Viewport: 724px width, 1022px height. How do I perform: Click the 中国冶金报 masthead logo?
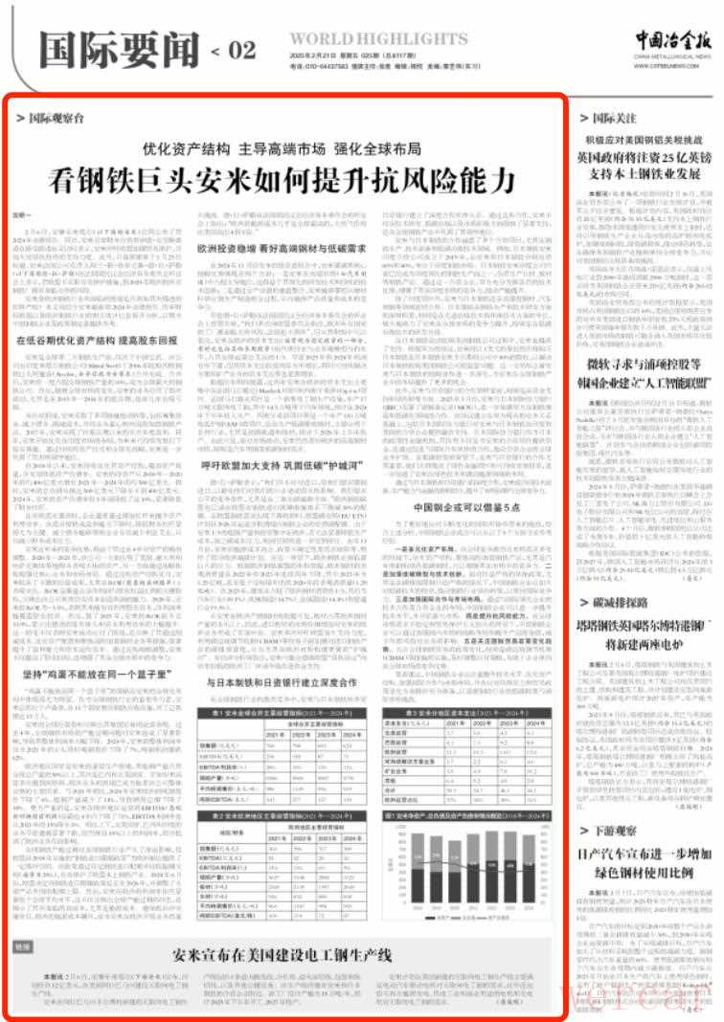click(670, 39)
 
